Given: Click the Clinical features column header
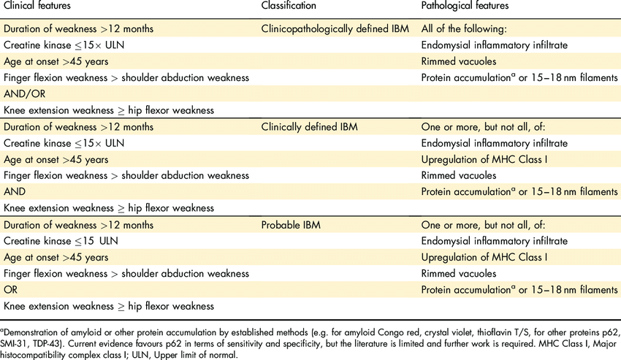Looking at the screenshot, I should click(37, 6).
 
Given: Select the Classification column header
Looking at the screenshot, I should click(289, 6).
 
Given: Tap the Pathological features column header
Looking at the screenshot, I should click(465, 6).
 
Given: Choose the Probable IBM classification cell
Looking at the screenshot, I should click(291, 224).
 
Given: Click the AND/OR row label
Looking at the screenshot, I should click(23, 93).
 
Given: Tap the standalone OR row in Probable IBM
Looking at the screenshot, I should click(11, 289).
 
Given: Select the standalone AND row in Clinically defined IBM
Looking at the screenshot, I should click(15, 191).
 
